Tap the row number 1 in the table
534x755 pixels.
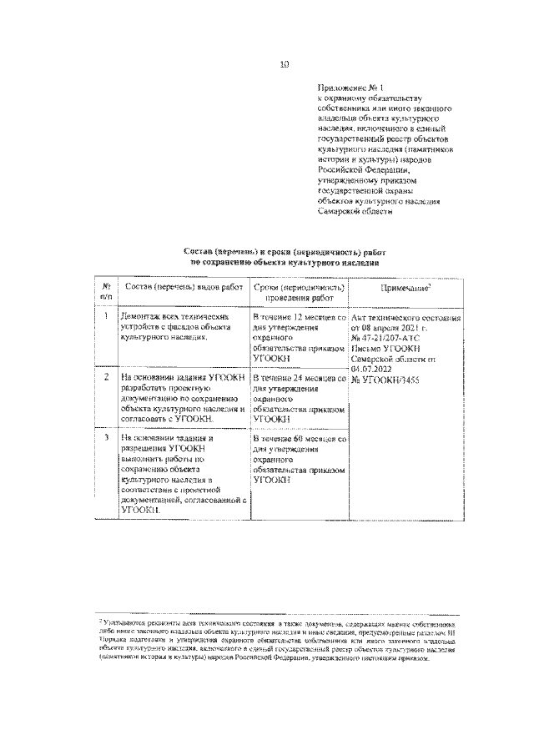click(107, 318)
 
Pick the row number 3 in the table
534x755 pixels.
click(107, 437)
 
